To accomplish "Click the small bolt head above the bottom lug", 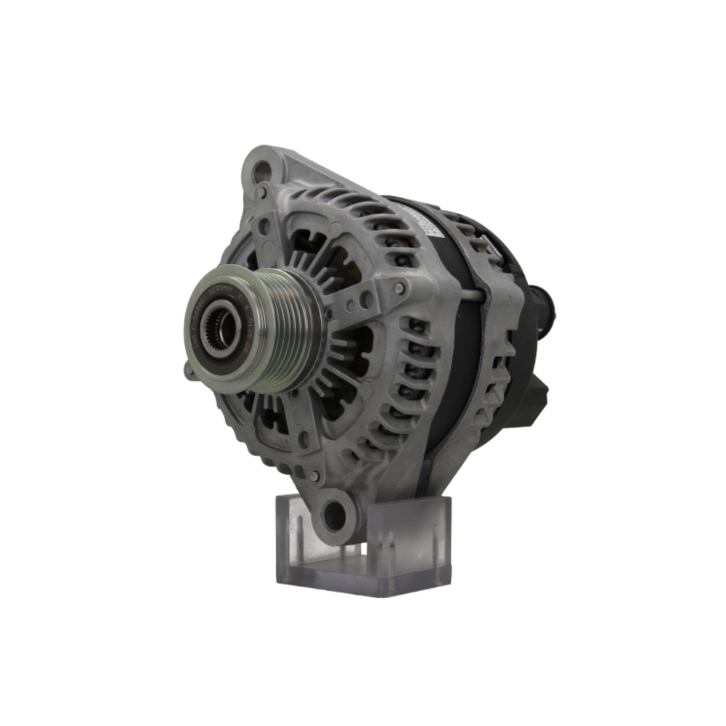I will coord(314,476).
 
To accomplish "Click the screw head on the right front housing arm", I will coord(399,288).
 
